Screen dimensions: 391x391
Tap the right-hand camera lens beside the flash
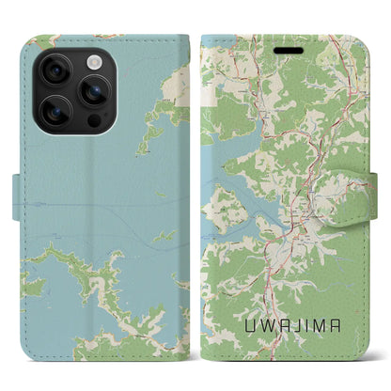94,90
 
